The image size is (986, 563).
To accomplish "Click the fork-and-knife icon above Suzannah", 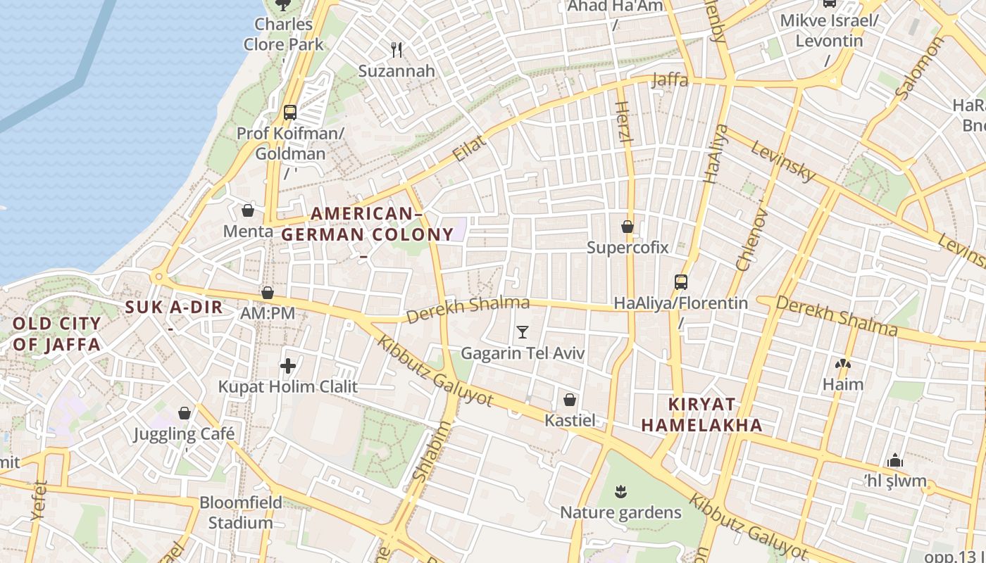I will [x=397, y=49].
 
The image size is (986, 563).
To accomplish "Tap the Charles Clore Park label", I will [x=284, y=34].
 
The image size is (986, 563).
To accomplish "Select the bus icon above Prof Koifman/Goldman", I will [x=289, y=112].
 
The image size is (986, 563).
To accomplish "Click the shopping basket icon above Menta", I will [x=248, y=210].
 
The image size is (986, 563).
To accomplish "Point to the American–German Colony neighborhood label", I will [x=367, y=224].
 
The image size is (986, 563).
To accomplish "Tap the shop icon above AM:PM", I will [x=268, y=293].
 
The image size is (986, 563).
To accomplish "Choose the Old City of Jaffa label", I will [x=57, y=334].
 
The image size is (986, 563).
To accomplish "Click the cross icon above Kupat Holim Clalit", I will [x=287, y=365].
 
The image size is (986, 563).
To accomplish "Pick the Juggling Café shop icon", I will [x=185, y=413].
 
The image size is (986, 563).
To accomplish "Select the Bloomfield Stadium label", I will [x=241, y=512].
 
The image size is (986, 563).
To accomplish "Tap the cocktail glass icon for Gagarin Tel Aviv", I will [x=522, y=332].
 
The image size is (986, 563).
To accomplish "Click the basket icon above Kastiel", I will [x=570, y=400].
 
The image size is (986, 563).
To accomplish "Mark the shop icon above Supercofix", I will [x=627, y=227].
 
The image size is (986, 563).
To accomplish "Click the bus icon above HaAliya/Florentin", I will [x=680, y=282].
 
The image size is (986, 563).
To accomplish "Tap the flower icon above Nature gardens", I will [x=620, y=491].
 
